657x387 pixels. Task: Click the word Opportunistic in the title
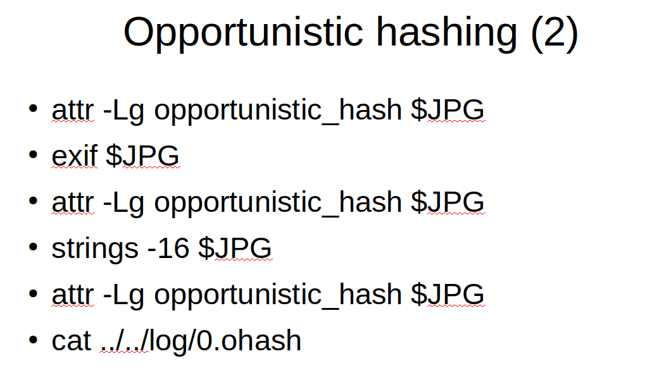point(243,34)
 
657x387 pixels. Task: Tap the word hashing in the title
point(447,34)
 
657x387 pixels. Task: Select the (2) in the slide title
point(554,34)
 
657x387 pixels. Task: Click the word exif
point(74,156)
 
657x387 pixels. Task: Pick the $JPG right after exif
point(142,156)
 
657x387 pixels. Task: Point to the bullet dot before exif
point(33,154)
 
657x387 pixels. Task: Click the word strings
point(95,249)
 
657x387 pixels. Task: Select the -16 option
point(168,248)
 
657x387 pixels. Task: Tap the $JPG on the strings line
point(235,248)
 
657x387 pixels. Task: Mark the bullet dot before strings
point(33,247)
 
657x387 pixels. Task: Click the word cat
point(72,341)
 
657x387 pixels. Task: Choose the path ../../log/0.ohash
point(201,340)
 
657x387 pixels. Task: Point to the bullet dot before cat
point(33,339)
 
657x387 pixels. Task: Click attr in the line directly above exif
point(73,110)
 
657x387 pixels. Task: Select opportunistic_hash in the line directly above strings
point(278,203)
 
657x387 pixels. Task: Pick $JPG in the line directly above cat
point(447,294)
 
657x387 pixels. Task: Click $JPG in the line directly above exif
point(447,110)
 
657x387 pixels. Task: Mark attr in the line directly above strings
point(73,202)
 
